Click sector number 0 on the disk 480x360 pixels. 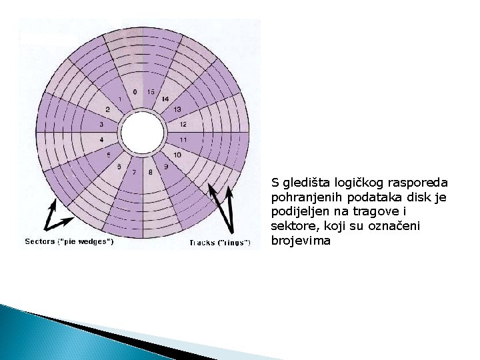(x=135, y=91)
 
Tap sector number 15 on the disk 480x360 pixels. (x=151, y=91)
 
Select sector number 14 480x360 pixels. (x=165, y=99)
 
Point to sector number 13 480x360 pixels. (x=177, y=109)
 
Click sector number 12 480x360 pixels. (x=183, y=124)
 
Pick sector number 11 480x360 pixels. (x=183, y=139)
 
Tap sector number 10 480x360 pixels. (x=177, y=155)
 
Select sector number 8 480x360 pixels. (x=151, y=172)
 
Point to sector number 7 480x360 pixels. (x=135, y=173)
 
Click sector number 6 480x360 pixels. (x=119, y=166)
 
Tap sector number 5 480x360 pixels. (x=109, y=155)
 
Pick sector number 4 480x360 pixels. (x=101, y=140)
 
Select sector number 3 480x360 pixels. (x=101, y=125)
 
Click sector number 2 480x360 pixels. (x=108, y=109)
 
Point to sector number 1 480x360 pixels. (x=119, y=99)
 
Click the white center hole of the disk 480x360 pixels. (x=143, y=132)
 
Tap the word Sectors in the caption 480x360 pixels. (x=40, y=241)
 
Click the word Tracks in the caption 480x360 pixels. (x=202, y=243)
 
